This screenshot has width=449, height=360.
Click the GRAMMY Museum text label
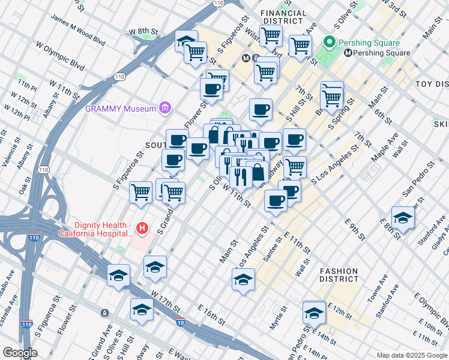tap(119, 109)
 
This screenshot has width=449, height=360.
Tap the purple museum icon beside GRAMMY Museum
tap(164, 109)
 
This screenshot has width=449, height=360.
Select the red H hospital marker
tap(142, 228)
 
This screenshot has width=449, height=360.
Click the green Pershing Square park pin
tap(329, 43)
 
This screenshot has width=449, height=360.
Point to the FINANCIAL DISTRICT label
tap(282, 17)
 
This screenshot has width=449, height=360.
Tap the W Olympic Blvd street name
tap(60, 53)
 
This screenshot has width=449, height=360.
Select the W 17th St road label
tap(166, 301)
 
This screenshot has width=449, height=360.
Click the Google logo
tap(19, 353)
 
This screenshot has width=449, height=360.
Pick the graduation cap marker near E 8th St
tap(403, 218)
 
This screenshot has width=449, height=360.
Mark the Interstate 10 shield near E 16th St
tap(181, 322)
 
